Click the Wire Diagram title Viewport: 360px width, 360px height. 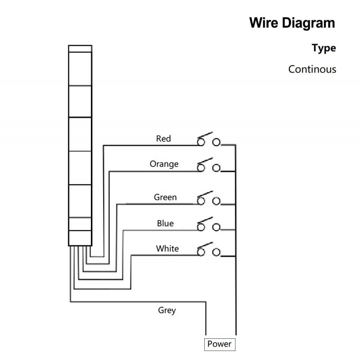click(292, 23)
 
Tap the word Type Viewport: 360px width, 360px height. click(324, 48)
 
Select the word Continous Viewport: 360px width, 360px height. click(312, 69)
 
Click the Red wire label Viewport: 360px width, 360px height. click(163, 139)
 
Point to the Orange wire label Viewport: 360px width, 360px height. click(164, 164)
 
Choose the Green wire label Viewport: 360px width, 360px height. click(165, 197)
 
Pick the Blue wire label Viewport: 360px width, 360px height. click(165, 223)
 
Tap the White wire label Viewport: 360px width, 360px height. click(167, 249)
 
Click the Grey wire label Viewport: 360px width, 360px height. click(167, 310)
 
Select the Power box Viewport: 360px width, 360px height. click(220, 345)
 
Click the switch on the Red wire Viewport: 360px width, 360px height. click(208, 140)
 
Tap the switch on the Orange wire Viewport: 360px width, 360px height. click(208, 165)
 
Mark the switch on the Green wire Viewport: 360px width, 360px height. click(208, 198)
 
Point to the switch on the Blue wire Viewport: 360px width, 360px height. click(208, 224)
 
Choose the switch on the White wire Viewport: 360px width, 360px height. click(208, 249)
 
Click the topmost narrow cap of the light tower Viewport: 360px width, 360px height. click(80, 48)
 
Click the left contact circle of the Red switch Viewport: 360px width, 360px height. click(201, 142)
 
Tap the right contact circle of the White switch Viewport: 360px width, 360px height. click(216, 251)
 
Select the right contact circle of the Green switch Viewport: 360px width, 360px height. click(216, 201)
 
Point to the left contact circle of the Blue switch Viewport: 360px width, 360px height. click(201, 227)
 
